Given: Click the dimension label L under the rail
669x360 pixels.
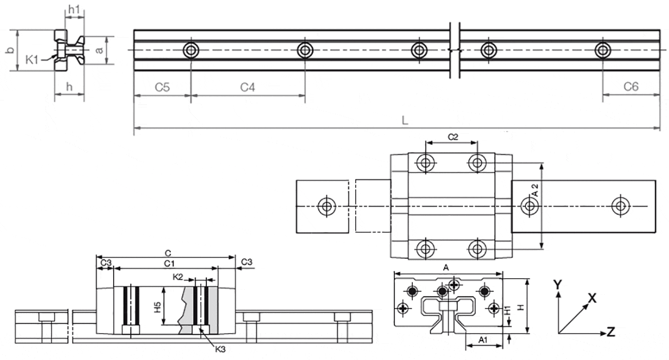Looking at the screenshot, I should (404, 121).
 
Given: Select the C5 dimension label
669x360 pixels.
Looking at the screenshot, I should (162, 87).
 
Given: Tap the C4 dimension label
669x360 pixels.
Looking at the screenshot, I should (247, 87).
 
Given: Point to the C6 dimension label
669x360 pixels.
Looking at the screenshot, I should (631, 87).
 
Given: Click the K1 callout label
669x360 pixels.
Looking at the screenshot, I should (33, 58).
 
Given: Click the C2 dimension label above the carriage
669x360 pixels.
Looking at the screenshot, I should (452, 137).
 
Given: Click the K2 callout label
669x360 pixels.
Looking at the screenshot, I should (178, 277).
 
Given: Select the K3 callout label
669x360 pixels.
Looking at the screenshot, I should (220, 349).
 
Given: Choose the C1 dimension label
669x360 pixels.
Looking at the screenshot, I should (169, 263).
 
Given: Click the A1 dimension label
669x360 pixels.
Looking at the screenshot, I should (482, 340).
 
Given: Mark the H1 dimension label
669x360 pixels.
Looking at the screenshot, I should (507, 312).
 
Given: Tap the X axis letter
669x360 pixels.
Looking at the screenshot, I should (592, 298).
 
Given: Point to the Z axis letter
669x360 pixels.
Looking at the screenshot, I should (611, 331).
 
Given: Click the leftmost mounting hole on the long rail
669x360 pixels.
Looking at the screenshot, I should (190, 50).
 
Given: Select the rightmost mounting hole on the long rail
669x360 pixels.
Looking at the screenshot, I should (602, 50).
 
